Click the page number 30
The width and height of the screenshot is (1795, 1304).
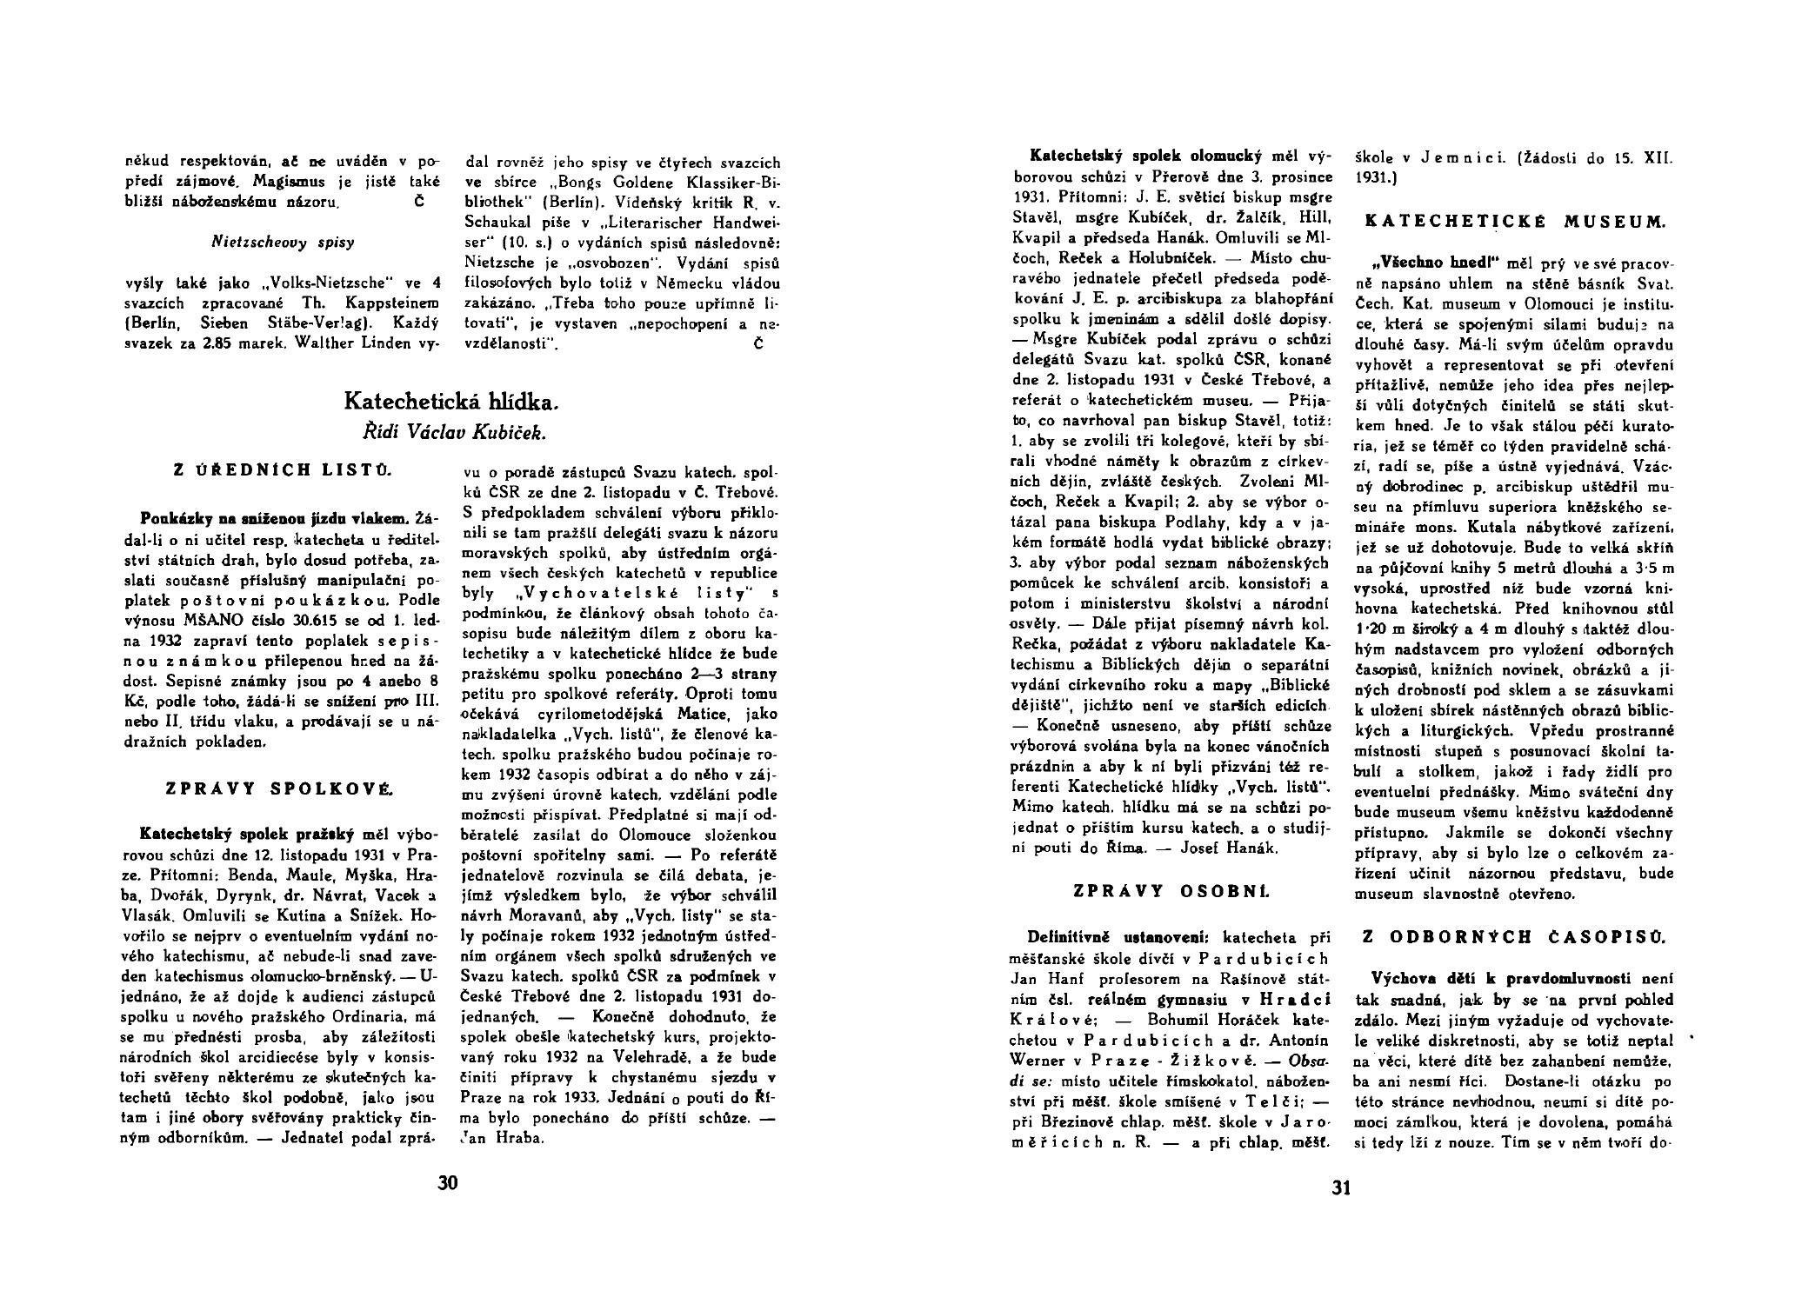(448, 1182)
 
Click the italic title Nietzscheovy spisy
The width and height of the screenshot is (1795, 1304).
(283, 243)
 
